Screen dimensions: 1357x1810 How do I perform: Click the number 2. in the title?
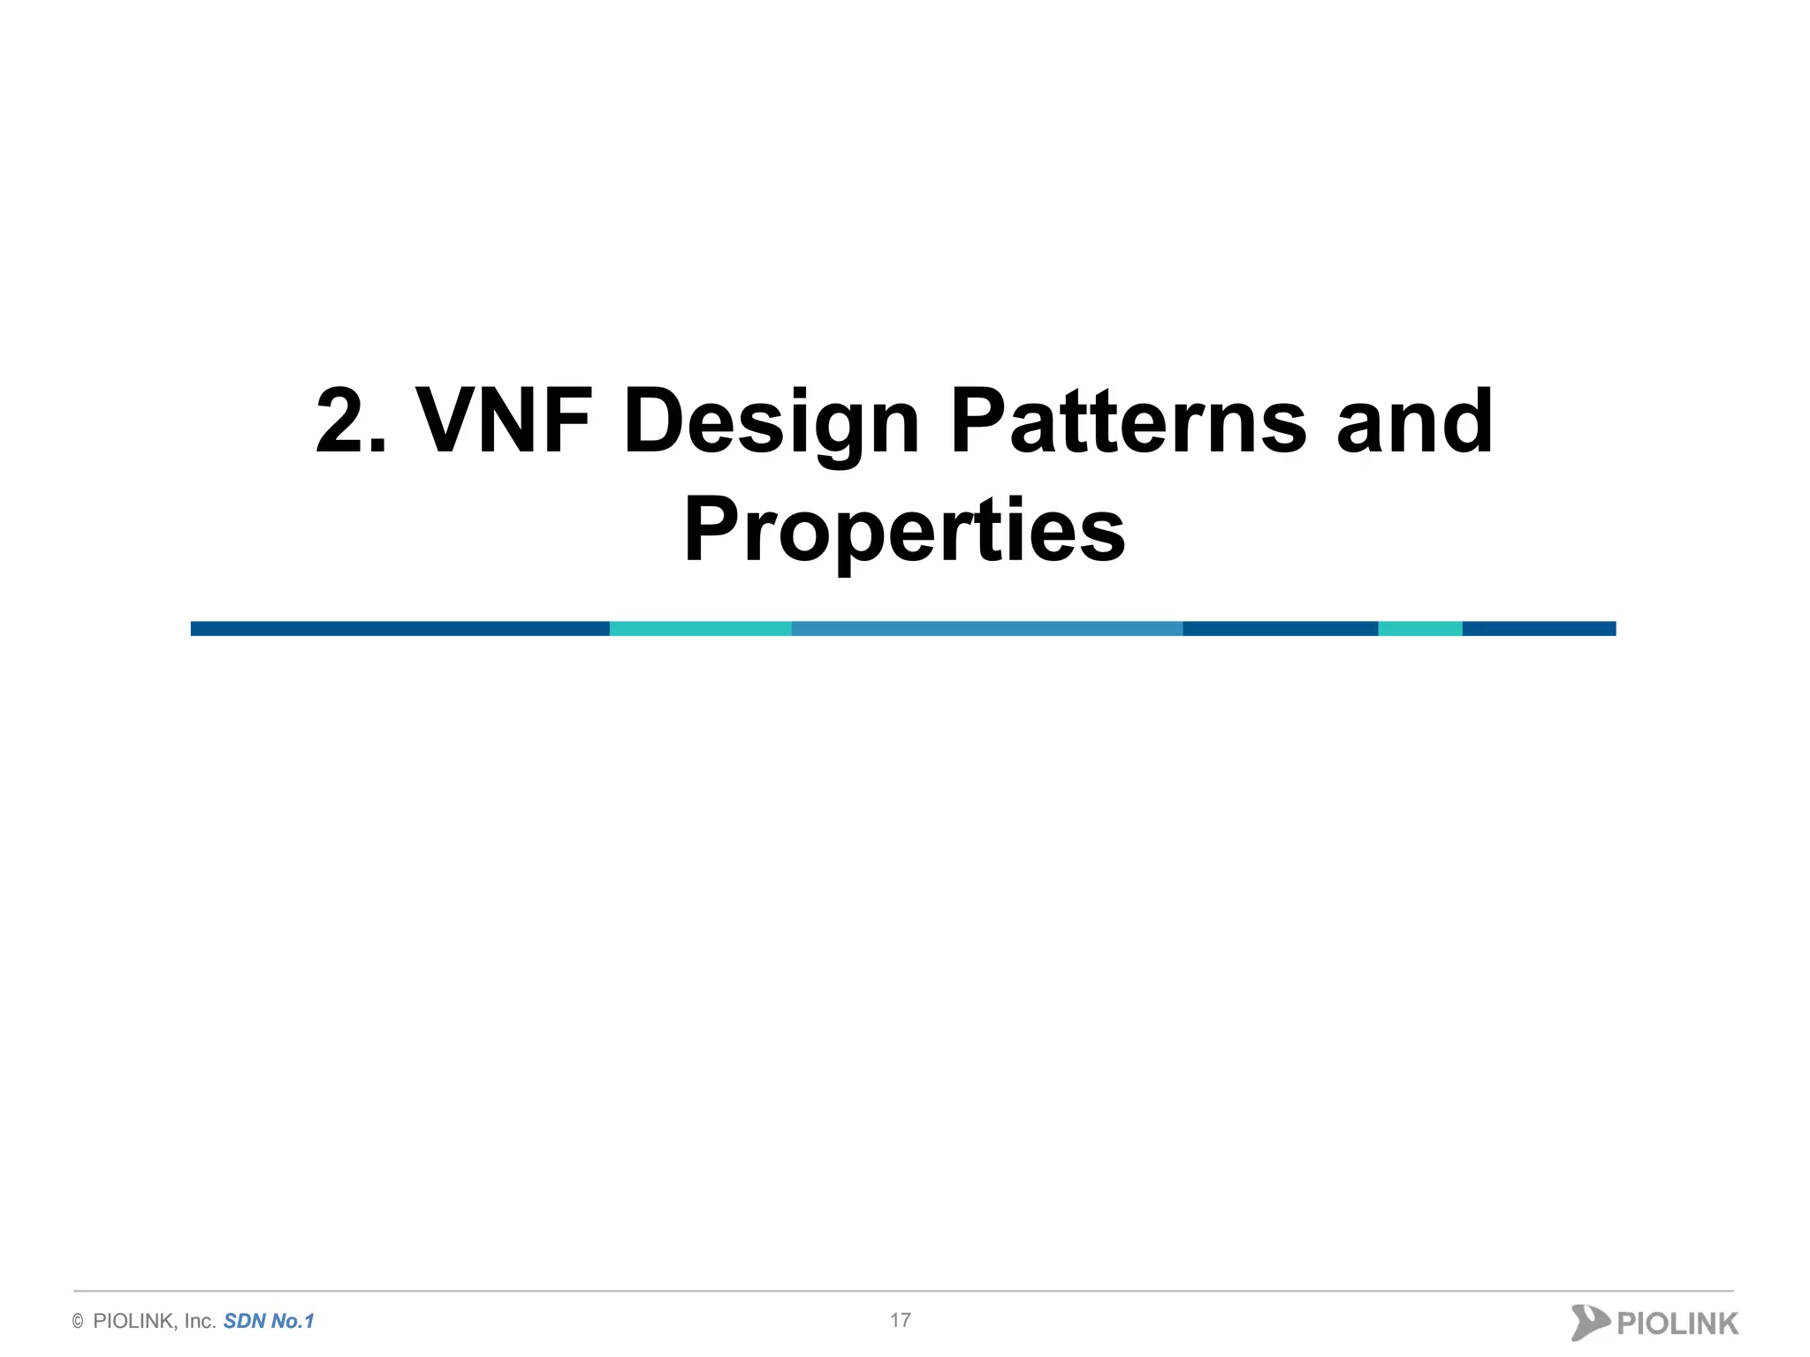[x=351, y=421]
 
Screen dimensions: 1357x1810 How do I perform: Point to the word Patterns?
[x=1128, y=421]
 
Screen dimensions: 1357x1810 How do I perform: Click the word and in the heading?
[x=1414, y=421]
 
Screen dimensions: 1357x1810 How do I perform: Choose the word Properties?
[x=904, y=530]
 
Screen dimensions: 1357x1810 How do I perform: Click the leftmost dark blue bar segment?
[x=399, y=628]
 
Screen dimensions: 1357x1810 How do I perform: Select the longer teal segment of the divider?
[x=700, y=628]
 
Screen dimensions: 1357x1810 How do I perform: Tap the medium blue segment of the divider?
[x=986, y=628]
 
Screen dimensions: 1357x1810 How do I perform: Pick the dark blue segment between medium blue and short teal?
[x=1280, y=628]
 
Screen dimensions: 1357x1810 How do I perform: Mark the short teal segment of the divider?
[x=1419, y=628]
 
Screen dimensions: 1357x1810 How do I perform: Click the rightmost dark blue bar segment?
[x=1539, y=628]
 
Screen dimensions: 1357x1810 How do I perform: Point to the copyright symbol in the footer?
[x=78, y=1322]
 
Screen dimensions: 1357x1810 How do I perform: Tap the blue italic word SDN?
[x=245, y=1322]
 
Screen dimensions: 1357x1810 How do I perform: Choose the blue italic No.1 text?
[x=293, y=1322]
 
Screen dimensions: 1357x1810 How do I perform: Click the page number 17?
[x=900, y=1320]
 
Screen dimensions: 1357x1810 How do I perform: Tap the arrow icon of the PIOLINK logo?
[x=1589, y=1323]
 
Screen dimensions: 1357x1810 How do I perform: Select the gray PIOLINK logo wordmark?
[x=1677, y=1323]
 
